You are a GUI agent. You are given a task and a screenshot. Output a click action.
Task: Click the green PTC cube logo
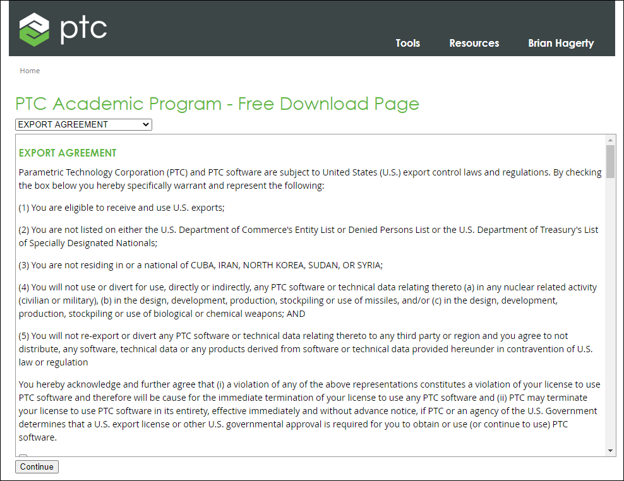(34, 28)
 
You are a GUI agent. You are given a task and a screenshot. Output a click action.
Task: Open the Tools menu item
(407, 43)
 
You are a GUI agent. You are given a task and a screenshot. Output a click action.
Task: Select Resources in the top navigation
(474, 43)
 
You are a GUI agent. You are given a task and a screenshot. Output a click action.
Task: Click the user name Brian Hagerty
(561, 43)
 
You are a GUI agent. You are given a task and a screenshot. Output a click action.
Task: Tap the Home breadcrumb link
(30, 71)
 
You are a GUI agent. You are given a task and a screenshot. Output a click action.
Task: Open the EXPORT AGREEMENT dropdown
(83, 124)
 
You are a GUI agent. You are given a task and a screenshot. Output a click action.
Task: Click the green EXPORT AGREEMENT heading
(68, 153)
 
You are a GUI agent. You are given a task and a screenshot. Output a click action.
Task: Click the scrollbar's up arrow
(610, 140)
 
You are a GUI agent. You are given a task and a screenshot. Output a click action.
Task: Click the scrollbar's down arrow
(610, 451)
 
